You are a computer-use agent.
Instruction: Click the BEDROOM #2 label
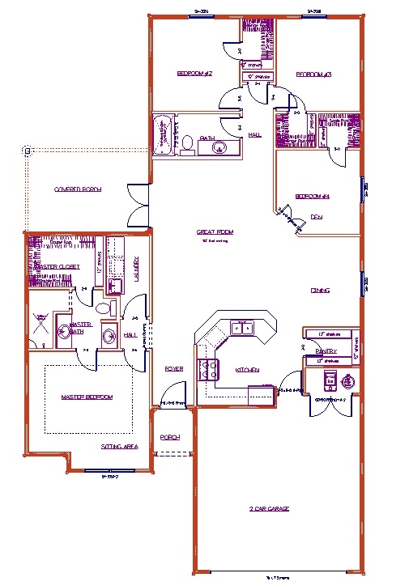(194, 74)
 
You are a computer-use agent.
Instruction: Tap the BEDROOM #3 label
(313, 74)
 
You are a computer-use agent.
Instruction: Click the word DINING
(319, 290)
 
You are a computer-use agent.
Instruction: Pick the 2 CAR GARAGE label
(269, 508)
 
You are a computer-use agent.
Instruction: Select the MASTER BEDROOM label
(87, 397)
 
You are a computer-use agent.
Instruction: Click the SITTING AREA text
(119, 446)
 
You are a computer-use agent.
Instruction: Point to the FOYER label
(173, 369)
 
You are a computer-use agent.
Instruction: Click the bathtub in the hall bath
(164, 137)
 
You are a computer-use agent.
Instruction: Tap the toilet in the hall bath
(187, 144)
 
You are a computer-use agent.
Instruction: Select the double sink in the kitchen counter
(241, 328)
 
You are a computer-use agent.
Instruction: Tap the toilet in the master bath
(102, 308)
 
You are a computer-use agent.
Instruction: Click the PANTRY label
(326, 350)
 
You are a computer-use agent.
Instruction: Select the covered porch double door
(137, 206)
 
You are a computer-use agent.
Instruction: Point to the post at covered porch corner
(26, 150)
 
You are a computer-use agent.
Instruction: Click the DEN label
(317, 217)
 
